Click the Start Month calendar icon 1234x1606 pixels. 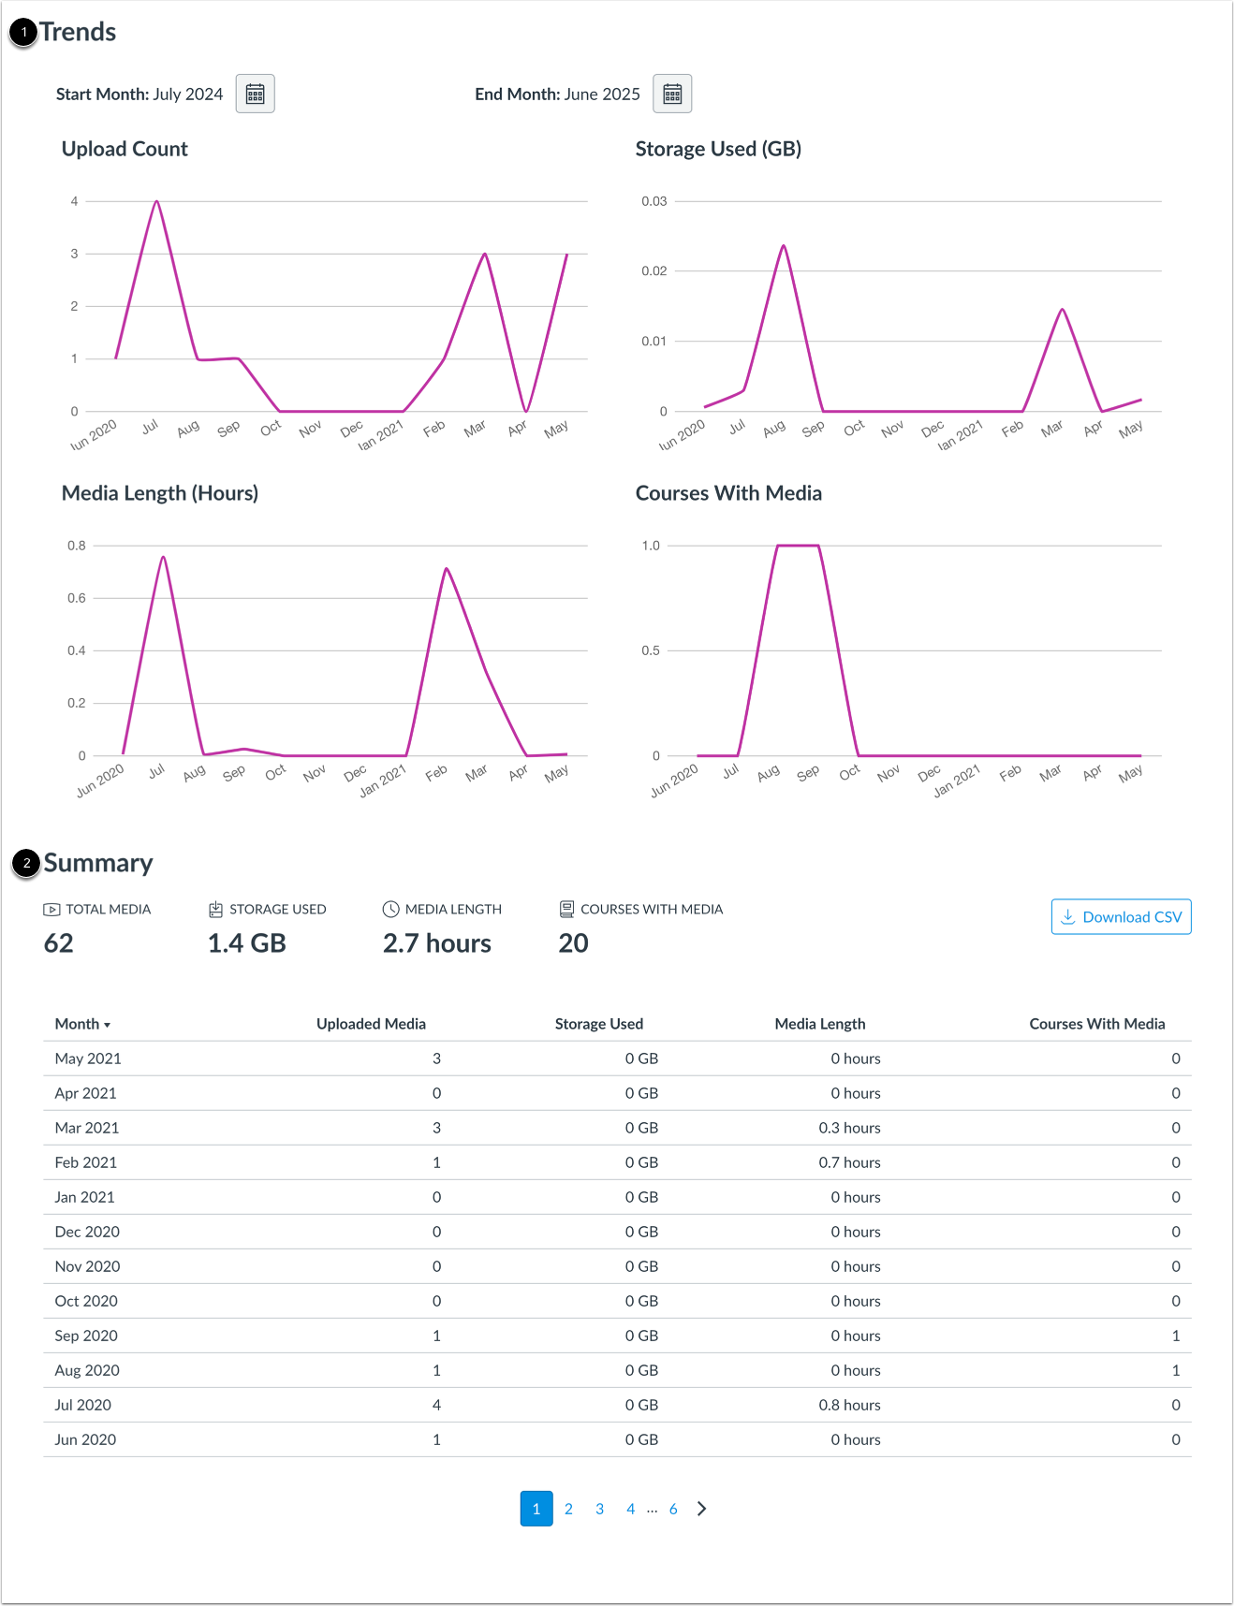255,94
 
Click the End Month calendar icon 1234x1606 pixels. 672,94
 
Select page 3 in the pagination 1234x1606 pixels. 599,1509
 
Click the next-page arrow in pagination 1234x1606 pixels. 702,1509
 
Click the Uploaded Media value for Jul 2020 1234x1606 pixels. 436,1405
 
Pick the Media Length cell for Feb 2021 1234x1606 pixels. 849,1162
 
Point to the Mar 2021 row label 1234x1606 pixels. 87,1128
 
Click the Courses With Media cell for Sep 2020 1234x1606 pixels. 1176,1336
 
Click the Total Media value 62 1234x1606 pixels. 59,943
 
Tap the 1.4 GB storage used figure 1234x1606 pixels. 247,943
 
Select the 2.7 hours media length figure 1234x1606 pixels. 437,943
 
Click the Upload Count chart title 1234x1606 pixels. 125,149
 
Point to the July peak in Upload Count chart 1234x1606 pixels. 156,201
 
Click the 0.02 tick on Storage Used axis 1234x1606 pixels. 654,271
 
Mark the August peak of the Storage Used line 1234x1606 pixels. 784,246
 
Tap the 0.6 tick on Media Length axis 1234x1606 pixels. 77,598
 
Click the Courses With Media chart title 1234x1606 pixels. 728,493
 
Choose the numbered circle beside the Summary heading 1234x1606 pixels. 26,863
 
